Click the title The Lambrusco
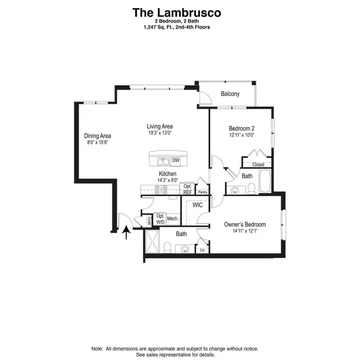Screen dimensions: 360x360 click(177, 13)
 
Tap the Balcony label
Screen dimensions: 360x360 click(230, 94)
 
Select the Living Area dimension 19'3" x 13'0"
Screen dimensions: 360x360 click(160, 133)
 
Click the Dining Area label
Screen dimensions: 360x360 click(97, 135)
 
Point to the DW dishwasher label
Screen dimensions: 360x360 click(176, 160)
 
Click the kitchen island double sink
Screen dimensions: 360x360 click(163, 162)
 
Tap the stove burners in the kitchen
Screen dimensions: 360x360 click(161, 190)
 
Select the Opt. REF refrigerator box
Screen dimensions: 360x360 click(187, 189)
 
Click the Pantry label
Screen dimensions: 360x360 click(202, 192)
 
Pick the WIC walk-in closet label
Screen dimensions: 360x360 click(198, 204)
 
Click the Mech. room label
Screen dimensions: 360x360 click(172, 218)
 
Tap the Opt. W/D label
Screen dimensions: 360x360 click(160, 219)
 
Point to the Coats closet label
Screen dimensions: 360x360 click(149, 221)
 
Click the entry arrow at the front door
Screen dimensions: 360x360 click(126, 232)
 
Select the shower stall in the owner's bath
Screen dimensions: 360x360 click(152, 241)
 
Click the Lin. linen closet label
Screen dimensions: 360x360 click(202, 250)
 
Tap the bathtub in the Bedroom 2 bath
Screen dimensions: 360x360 click(265, 181)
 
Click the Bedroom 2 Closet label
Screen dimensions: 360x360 click(258, 165)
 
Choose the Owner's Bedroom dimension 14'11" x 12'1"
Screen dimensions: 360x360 click(245, 231)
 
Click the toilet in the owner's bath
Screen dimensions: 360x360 click(167, 247)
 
